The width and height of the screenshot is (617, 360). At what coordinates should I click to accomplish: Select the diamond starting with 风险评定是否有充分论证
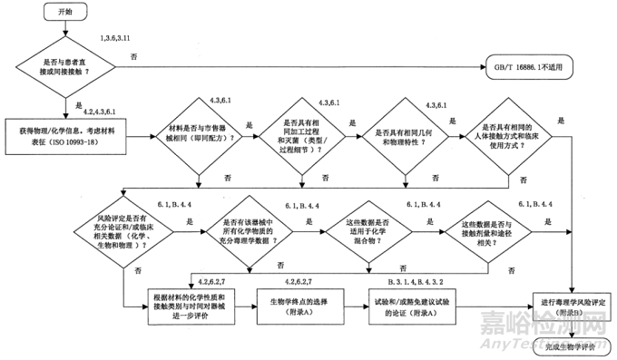pyautogui.click(x=128, y=231)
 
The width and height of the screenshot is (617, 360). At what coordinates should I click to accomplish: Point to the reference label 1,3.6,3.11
pyautogui.click(x=120, y=39)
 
